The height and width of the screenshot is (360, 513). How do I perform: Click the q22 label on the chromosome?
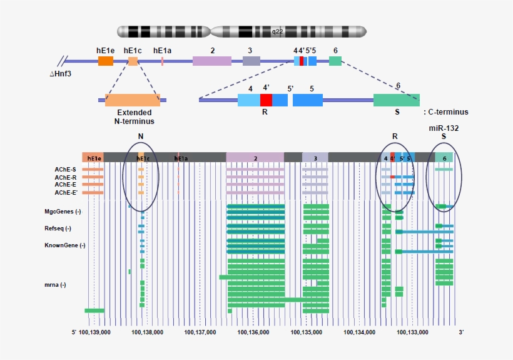pyautogui.click(x=277, y=31)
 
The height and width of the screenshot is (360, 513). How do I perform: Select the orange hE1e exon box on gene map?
pyautogui.click(x=106, y=61)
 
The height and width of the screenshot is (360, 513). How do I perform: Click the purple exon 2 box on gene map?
pyautogui.click(x=211, y=61)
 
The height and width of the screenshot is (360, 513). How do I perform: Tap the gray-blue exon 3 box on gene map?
pyautogui.click(x=251, y=61)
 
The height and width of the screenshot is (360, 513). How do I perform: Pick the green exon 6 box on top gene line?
pyautogui.click(x=335, y=61)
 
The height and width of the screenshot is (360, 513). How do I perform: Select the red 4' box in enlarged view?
pyautogui.click(x=266, y=100)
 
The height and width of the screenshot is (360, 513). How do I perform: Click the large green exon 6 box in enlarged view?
pyautogui.click(x=396, y=100)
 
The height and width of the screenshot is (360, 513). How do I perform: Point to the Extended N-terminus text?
pyautogui.click(x=131, y=117)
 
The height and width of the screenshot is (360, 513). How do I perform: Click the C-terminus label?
pyautogui.click(x=446, y=112)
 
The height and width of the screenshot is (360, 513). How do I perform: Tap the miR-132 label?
pyautogui.click(x=444, y=128)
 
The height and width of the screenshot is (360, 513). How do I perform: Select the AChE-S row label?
pyautogui.click(x=65, y=169)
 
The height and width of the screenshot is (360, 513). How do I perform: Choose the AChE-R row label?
pyautogui.click(x=65, y=177)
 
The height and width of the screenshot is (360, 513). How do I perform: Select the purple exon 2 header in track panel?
pyautogui.click(x=255, y=158)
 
